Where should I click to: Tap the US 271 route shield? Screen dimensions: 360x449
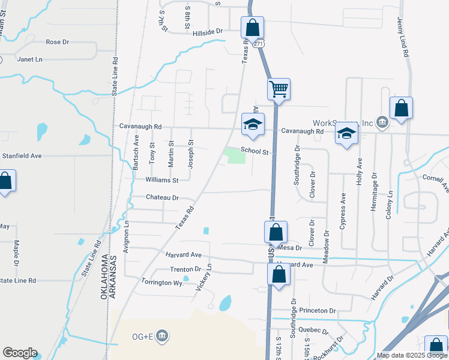(258, 44)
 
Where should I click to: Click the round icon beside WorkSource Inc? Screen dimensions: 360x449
(383, 122)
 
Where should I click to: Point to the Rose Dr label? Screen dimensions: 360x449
(58, 42)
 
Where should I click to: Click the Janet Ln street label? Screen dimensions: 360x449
(30, 59)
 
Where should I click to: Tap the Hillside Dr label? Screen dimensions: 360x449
(208, 31)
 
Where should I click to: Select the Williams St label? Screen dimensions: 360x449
(162, 180)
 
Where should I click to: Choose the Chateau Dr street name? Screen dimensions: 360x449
(163, 197)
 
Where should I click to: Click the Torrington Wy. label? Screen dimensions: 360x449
(162, 282)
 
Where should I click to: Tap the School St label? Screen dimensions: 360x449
(254, 152)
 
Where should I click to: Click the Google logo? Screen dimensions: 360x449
(20, 353)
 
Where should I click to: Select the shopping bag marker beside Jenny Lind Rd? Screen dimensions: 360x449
(401, 109)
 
